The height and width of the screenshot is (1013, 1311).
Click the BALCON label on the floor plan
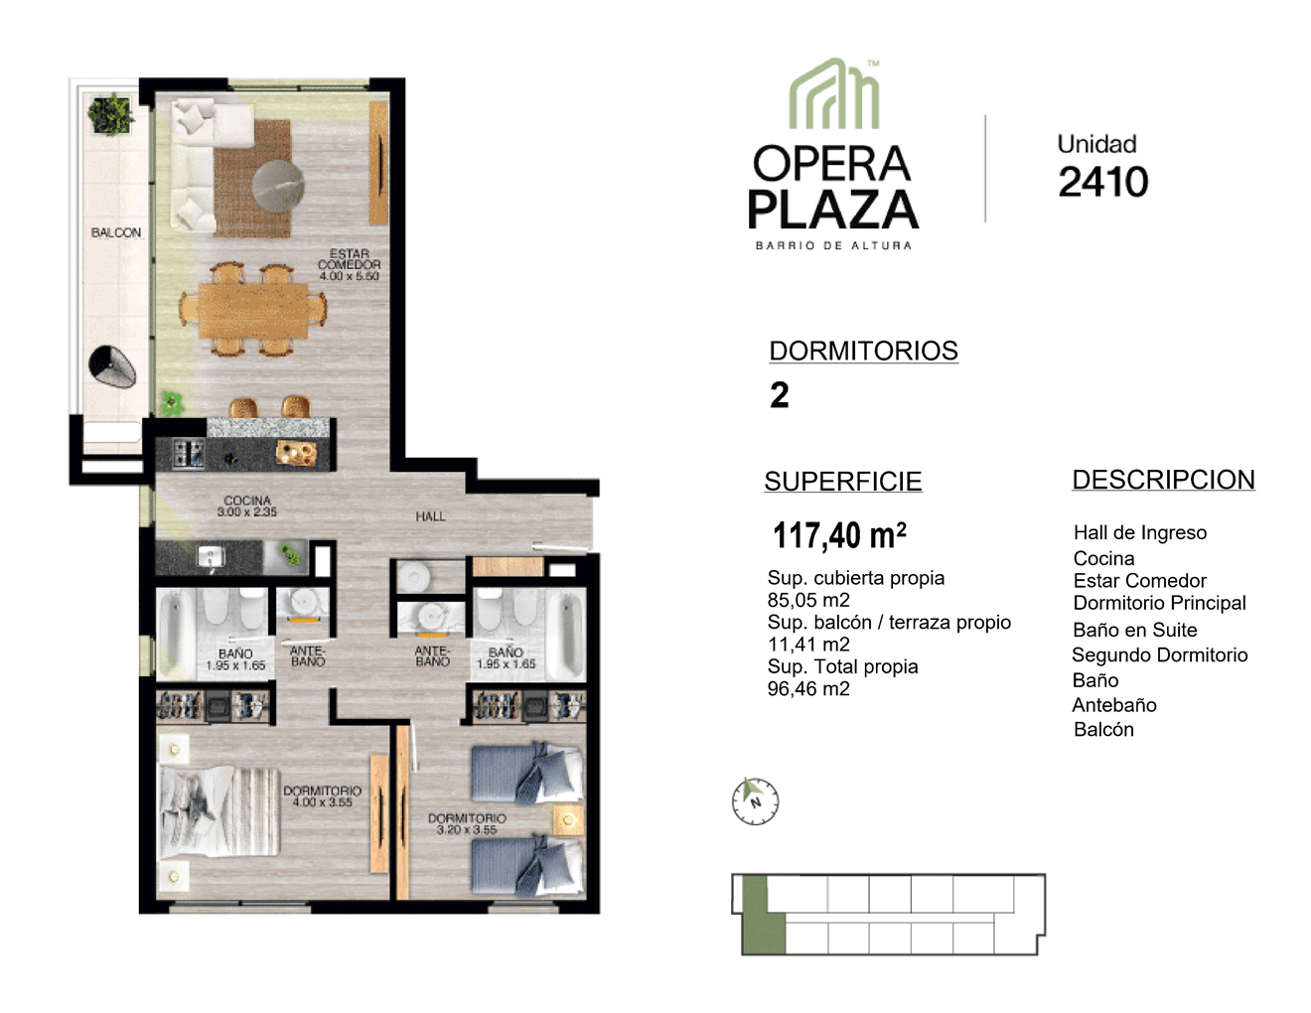(x=116, y=232)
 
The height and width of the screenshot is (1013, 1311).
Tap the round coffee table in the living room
(x=277, y=186)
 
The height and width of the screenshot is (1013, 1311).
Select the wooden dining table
(x=253, y=310)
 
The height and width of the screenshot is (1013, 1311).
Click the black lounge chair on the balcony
(x=112, y=366)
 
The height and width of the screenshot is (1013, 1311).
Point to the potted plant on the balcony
(x=110, y=114)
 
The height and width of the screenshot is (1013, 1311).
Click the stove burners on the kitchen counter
(x=189, y=454)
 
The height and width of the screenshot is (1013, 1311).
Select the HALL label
(x=430, y=516)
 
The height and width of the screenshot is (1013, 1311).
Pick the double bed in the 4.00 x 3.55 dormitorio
(x=219, y=810)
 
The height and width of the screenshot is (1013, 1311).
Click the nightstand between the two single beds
(x=568, y=820)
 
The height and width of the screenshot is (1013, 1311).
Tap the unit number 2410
(x=1102, y=182)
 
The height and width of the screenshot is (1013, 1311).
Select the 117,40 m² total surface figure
(x=839, y=534)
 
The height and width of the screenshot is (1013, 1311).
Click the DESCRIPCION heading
(x=1163, y=481)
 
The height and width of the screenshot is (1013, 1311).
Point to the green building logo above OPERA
(x=834, y=93)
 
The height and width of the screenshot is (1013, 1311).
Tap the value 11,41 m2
(x=808, y=645)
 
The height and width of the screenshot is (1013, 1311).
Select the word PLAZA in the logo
(x=833, y=210)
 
